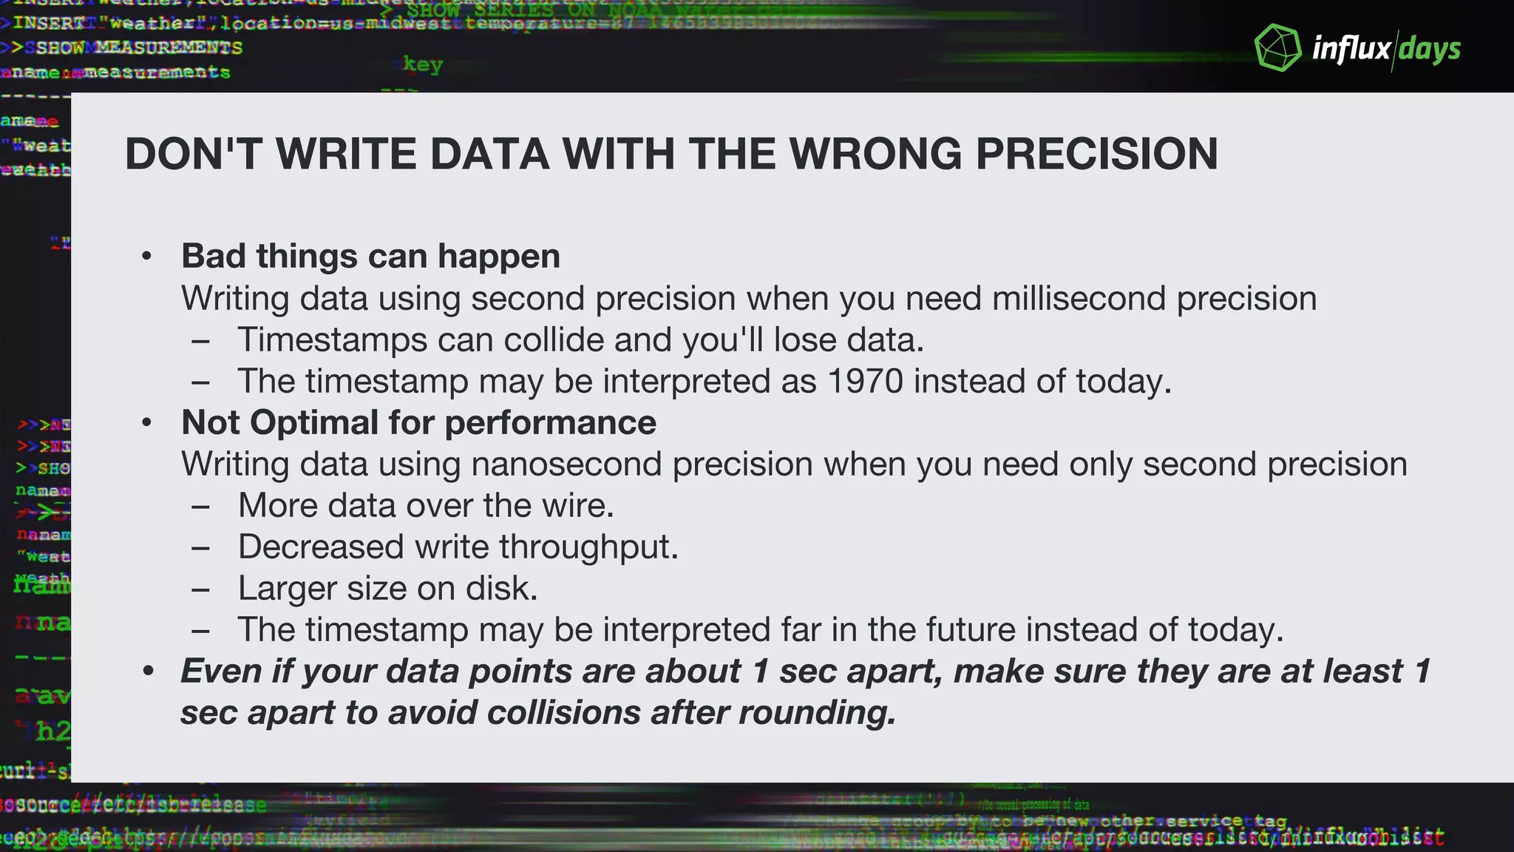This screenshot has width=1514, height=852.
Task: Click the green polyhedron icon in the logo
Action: [x=1278, y=48]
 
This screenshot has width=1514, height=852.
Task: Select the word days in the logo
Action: [x=1430, y=50]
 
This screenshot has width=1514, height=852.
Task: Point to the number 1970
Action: [x=865, y=382]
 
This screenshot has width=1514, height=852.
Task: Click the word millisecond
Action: [x=1079, y=299]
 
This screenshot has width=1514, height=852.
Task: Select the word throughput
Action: [x=588, y=547]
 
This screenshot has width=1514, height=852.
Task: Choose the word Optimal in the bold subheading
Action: [x=314, y=423]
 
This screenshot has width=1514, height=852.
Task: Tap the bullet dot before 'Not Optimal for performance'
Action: [x=147, y=423]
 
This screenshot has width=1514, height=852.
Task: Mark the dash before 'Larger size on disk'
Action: [x=200, y=589]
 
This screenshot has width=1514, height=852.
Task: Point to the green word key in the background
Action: [x=423, y=65]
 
